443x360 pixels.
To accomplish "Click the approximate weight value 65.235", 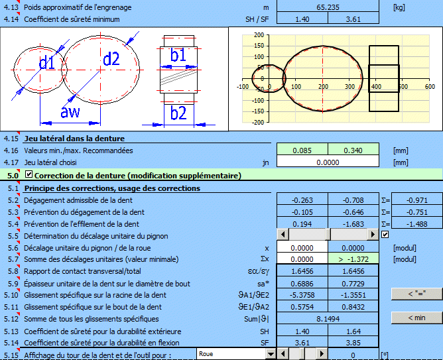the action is click(x=328, y=7).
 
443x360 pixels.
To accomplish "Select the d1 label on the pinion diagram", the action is click(x=47, y=62).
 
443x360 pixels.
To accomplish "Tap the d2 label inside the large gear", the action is click(x=111, y=59).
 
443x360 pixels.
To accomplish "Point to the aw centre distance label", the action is click(x=70, y=112).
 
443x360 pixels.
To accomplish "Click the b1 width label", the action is click(x=178, y=54).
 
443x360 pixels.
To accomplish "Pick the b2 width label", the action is click(x=178, y=113).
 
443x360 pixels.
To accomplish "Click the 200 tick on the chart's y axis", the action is click(x=259, y=35).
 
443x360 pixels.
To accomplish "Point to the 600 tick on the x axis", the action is click(x=430, y=86).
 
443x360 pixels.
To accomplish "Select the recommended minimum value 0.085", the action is click(x=302, y=150).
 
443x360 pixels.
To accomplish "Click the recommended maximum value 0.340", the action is click(x=353, y=150).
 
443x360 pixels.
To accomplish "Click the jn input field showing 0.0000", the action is click(x=328, y=162).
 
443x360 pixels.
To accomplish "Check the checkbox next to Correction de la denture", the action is click(x=29, y=174).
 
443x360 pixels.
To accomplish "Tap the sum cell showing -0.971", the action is click(x=417, y=200).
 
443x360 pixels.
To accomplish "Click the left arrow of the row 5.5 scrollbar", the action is click(x=283, y=234).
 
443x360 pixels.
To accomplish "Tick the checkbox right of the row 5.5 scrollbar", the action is click(x=385, y=234).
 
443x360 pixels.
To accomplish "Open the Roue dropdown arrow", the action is click(x=271, y=354).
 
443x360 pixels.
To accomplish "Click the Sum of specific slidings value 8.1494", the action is click(x=328, y=319).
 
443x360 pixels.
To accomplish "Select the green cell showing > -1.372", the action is click(x=353, y=259).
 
